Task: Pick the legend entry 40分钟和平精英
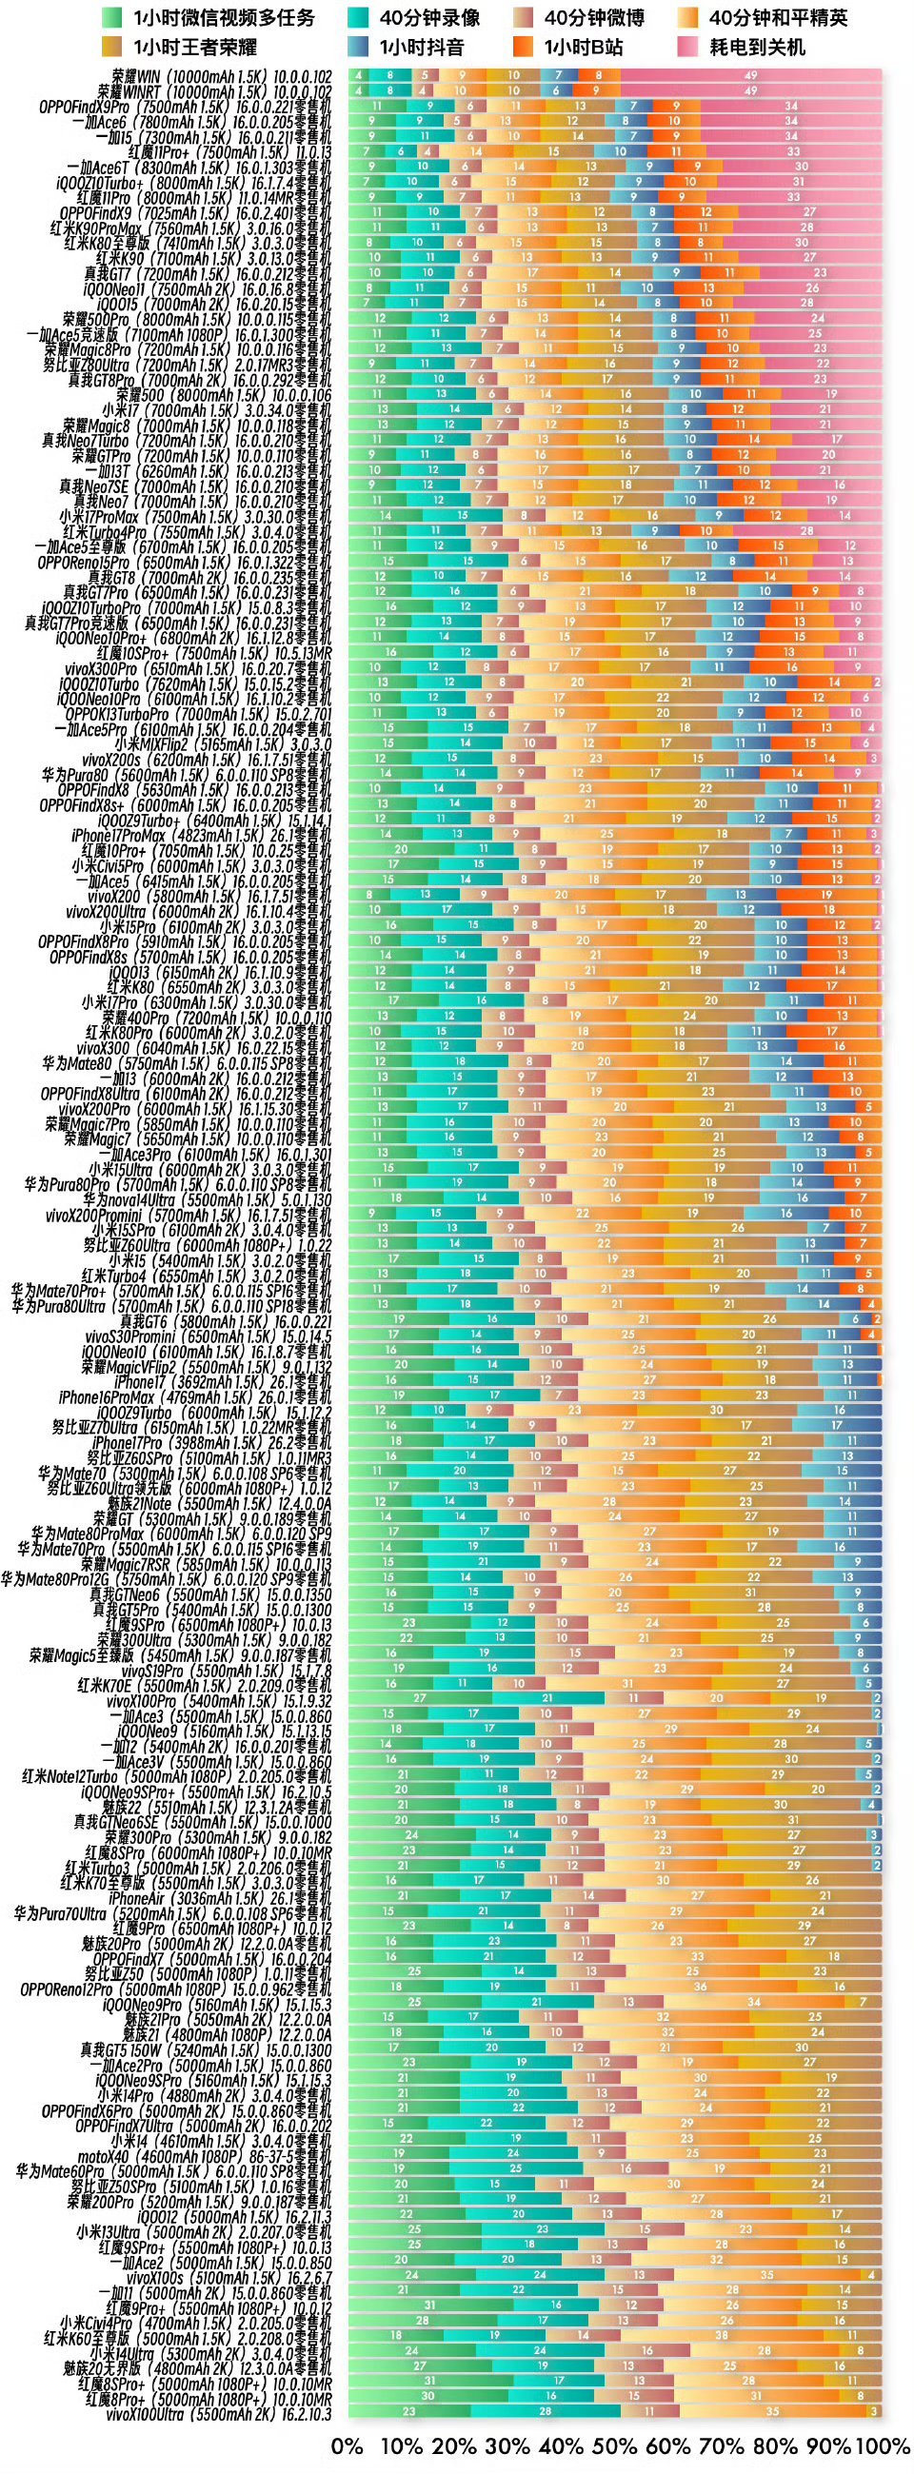tap(778, 17)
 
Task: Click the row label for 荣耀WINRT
tap(215, 91)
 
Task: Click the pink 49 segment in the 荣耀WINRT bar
tap(751, 91)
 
